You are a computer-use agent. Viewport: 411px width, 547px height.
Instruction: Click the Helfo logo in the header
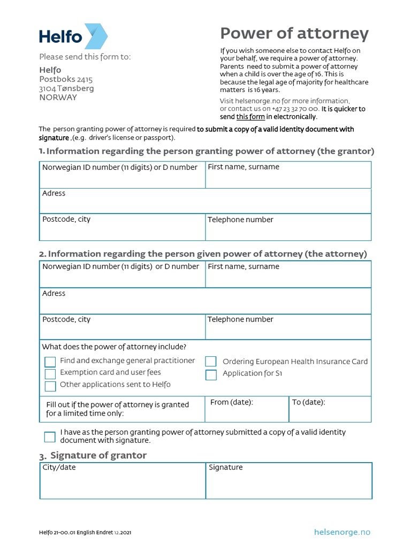pyautogui.click(x=73, y=36)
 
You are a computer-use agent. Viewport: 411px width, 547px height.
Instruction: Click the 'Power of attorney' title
pyautogui.click(x=294, y=34)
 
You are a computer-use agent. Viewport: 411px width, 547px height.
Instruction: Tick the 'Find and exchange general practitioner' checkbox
pyautogui.click(x=50, y=362)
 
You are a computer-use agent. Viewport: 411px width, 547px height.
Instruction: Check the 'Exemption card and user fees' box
pyautogui.click(x=50, y=374)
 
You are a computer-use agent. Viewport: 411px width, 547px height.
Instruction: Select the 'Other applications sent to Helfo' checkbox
pyautogui.click(x=50, y=386)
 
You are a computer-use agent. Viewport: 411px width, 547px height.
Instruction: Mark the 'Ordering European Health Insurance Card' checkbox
pyautogui.click(x=211, y=362)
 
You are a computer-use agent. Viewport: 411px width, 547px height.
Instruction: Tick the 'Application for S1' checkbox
pyautogui.click(x=211, y=374)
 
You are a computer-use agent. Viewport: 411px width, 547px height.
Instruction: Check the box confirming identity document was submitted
pyautogui.click(x=50, y=437)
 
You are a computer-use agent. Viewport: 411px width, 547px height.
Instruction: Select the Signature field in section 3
pyautogui.click(x=289, y=483)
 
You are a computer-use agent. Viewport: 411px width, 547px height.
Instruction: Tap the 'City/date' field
pyautogui.click(x=123, y=483)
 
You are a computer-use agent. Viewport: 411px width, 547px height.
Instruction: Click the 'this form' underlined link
pyautogui.click(x=250, y=117)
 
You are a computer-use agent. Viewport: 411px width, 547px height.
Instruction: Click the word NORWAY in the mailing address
pyautogui.click(x=58, y=98)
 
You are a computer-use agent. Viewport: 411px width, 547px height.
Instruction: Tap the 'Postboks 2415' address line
pyautogui.click(x=66, y=79)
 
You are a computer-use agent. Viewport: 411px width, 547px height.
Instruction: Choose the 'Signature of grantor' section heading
pyautogui.click(x=98, y=455)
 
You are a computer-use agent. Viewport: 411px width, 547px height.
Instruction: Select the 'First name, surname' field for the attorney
pyautogui.click(x=288, y=277)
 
